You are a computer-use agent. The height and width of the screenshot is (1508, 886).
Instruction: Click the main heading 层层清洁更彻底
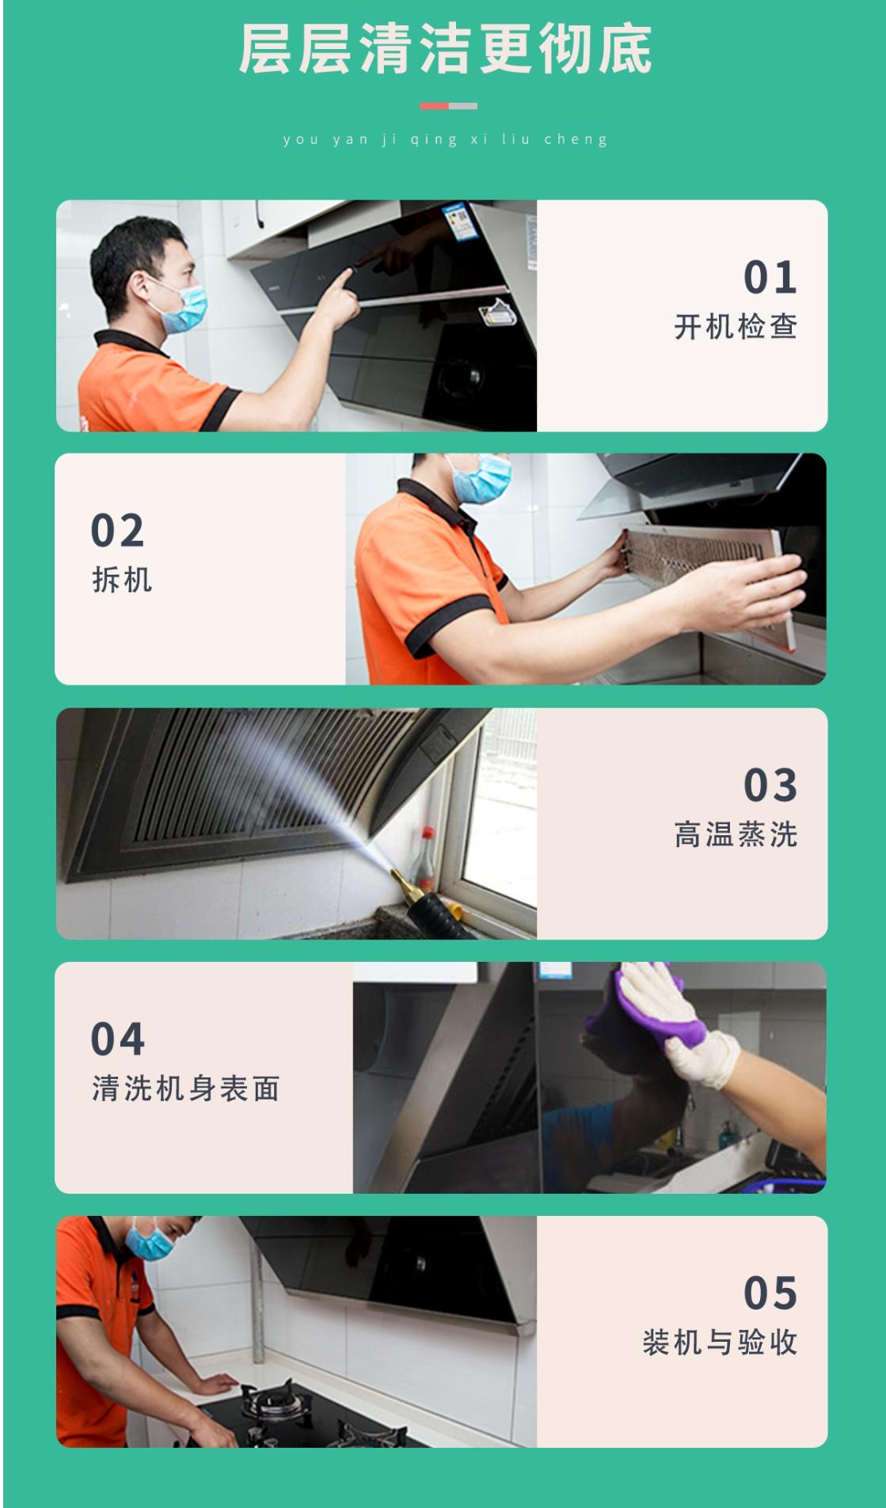click(445, 49)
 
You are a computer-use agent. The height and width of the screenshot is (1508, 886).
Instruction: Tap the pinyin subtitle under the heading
click(445, 139)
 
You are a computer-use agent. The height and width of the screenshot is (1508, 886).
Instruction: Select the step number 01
click(770, 277)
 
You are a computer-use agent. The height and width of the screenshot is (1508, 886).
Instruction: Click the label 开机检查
click(736, 326)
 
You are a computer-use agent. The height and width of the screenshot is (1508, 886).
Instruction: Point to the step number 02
click(118, 530)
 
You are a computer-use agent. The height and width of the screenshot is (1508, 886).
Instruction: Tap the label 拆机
click(122, 579)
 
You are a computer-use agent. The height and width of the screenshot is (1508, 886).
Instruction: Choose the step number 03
click(770, 784)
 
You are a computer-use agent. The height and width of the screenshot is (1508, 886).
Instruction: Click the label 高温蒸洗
click(736, 834)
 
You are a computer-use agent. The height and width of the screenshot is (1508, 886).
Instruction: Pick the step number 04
click(118, 1039)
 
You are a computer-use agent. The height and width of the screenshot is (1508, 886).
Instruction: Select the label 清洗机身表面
click(186, 1088)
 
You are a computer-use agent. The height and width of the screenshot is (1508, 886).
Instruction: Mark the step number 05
click(770, 1293)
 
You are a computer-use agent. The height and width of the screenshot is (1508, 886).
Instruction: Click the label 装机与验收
click(720, 1343)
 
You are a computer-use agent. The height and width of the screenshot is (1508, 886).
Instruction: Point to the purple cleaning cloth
click(649, 1001)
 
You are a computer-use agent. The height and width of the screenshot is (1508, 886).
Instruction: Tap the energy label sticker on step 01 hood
click(458, 222)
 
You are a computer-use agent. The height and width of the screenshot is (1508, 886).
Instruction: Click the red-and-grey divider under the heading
click(448, 105)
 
